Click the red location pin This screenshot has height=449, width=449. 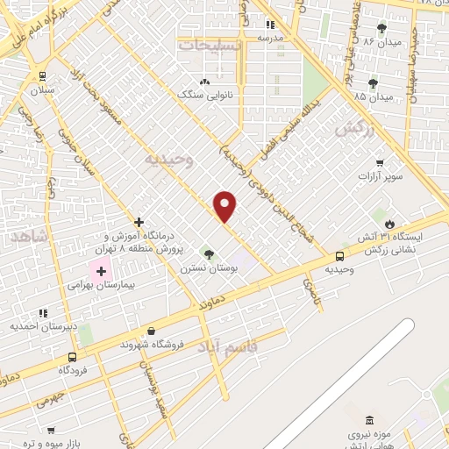click(225, 205)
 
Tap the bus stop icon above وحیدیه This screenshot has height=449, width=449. click(339, 255)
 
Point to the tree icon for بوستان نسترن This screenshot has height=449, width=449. click(208, 253)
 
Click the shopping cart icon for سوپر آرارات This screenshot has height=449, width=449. click(379, 163)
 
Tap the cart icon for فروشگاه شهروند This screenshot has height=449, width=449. click(152, 331)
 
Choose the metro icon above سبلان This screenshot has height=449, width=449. click(42, 76)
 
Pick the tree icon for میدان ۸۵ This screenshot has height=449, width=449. click(373, 83)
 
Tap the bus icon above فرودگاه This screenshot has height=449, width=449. click(72, 357)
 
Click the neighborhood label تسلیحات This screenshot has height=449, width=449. click(208, 43)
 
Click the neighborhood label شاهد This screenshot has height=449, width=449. click(31, 237)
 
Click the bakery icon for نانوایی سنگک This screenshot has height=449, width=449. click(205, 81)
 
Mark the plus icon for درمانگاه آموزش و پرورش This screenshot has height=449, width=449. click(139, 223)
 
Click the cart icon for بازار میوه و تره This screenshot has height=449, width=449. click(50, 430)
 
